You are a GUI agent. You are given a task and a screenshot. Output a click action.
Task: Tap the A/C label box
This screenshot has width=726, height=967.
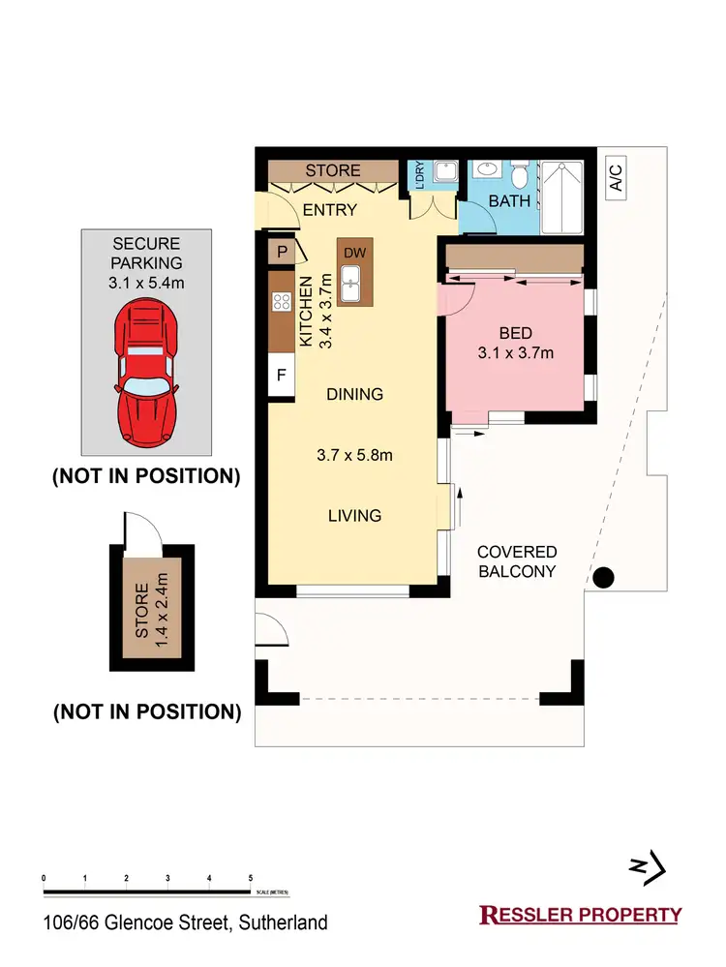(x=616, y=178)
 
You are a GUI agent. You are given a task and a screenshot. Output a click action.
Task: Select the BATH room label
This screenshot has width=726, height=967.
(x=509, y=201)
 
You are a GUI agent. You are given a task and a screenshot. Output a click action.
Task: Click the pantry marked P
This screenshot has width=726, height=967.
(x=282, y=252)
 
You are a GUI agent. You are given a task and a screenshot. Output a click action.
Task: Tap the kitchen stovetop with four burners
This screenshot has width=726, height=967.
(x=283, y=301)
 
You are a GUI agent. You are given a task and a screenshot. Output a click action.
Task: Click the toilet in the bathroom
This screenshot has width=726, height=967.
(x=520, y=177)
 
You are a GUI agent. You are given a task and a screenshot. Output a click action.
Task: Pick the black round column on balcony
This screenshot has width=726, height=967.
(x=604, y=579)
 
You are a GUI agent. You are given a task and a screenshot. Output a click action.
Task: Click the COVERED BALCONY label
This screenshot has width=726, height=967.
(x=517, y=561)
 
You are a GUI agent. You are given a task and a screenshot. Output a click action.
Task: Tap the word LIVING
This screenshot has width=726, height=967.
(x=354, y=516)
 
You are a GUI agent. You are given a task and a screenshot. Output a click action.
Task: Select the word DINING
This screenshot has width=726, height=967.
(x=354, y=394)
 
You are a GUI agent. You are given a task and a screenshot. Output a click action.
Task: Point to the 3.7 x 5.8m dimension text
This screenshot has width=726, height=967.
(x=354, y=455)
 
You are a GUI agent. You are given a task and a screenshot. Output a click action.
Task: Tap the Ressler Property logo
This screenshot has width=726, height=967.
(x=581, y=914)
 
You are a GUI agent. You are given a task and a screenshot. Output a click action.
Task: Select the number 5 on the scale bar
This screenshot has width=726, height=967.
(x=251, y=878)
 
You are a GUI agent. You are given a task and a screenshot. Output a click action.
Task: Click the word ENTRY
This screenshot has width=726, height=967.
(x=330, y=210)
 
